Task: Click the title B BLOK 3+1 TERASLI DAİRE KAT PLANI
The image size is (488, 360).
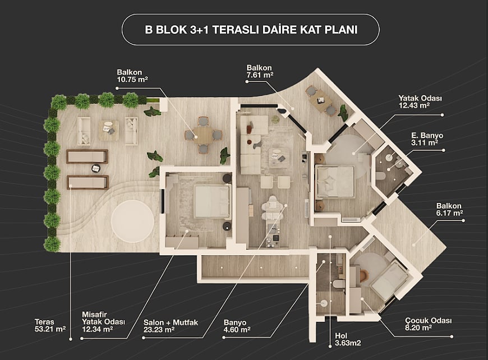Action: pos(251,30)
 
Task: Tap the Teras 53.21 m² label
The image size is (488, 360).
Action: pos(50,325)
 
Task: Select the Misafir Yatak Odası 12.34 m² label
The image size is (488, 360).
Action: pos(103,322)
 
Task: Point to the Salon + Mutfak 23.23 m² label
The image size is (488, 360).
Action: pos(171,326)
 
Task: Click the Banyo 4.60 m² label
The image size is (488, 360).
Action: pos(237,326)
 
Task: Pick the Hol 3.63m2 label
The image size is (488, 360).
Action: pos(348,339)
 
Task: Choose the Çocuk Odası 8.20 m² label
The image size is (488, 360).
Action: pos(428,324)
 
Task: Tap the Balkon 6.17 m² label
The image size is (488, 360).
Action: pos(450,209)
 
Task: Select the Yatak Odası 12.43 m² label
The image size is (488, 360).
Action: pos(420,101)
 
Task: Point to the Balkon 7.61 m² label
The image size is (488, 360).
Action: pos(260,71)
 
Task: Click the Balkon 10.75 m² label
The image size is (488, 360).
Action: pos(132,76)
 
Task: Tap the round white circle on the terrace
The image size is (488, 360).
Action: pos(132,220)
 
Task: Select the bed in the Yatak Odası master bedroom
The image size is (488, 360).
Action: pos(335,182)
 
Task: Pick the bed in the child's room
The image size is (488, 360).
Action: pos(388,281)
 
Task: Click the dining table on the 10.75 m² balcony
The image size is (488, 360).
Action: pos(203,135)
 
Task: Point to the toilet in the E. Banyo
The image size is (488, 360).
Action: pos(381,177)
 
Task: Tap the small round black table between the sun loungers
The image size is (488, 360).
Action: pos(95,168)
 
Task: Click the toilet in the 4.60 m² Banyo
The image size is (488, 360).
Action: pos(337,284)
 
